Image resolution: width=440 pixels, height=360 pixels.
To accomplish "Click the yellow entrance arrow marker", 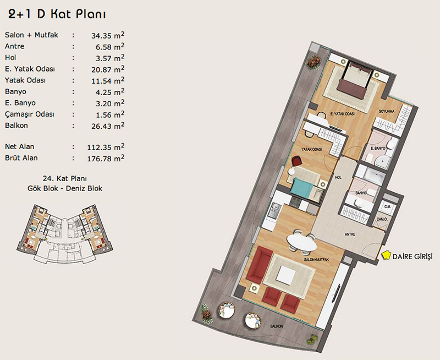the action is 387,255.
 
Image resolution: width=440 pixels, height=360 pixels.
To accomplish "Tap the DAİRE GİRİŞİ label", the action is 413,257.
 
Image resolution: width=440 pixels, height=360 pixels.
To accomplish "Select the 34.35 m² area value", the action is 108,35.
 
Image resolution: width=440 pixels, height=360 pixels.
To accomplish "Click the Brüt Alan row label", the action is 21,158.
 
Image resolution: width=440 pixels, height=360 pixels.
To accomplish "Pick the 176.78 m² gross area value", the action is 106,159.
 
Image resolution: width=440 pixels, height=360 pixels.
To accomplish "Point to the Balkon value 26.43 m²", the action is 108,126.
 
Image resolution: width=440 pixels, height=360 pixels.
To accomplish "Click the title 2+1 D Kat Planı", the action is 57,14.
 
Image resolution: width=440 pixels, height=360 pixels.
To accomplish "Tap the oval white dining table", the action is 301,242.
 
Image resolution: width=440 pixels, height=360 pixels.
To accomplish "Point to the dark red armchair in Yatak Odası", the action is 296,161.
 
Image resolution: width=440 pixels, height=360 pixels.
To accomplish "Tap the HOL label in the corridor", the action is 338,177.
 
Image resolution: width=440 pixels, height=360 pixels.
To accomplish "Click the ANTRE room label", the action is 350,234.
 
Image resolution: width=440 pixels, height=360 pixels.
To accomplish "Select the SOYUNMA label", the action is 387,111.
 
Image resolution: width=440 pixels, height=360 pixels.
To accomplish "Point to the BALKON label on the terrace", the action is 277,326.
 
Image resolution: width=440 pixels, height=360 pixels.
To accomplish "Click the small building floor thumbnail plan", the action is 64,234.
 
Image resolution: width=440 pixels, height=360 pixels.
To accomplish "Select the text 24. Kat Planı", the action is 65,178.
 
